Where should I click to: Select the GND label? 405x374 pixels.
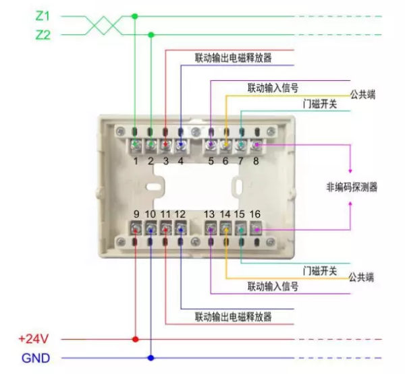click(35, 358)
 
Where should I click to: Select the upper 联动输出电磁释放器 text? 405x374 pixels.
click(234, 58)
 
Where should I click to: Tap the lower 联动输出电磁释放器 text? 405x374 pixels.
click(234, 316)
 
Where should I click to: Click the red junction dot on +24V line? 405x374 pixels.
click(136, 339)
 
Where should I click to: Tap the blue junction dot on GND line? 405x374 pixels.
click(151, 358)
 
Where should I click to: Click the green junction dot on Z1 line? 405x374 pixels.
click(136, 15)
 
